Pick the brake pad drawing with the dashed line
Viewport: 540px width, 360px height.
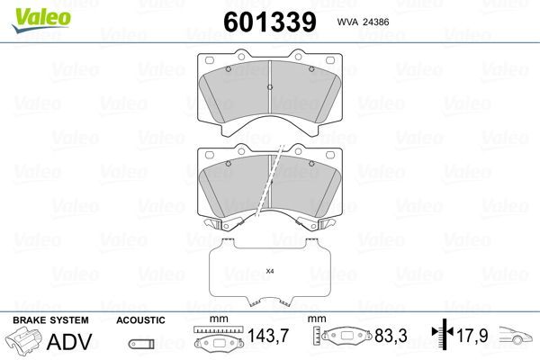(270, 184)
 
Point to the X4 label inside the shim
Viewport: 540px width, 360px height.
(269, 271)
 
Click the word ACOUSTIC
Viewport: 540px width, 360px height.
(140, 319)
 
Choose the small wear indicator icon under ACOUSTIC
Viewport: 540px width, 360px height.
(140, 343)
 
